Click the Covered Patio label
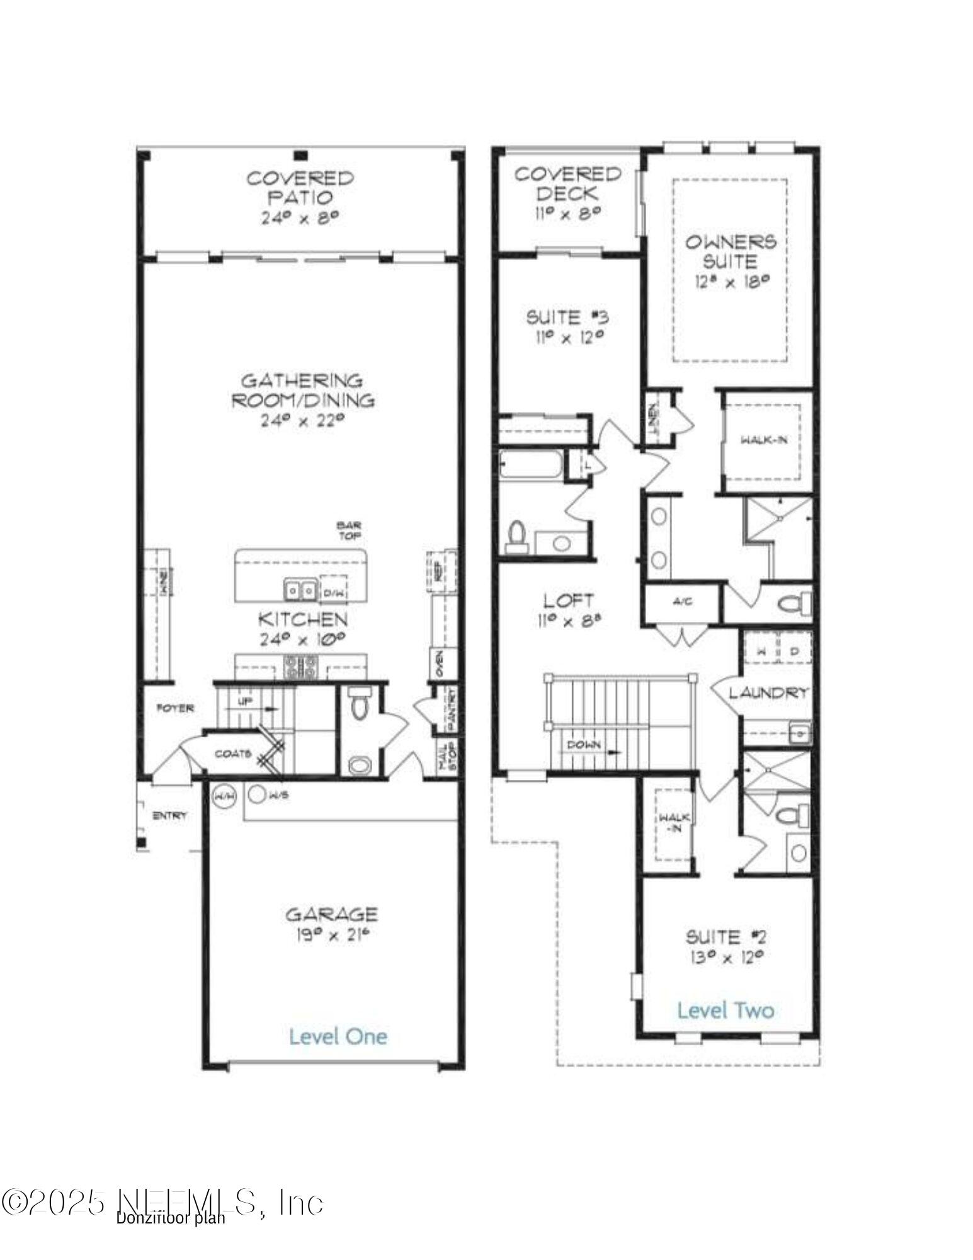point(300,187)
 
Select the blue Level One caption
point(338,1036)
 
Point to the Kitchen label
point(302,619)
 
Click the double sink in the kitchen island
point(300,590)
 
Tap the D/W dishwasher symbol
point(332,592)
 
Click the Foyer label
point(174,708)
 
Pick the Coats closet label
point(233,753)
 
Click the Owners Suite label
point(731,251)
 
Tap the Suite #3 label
point(567,317)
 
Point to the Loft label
point(568,600)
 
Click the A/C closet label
point(682,602)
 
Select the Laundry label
point(768,693)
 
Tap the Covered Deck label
point(568,183)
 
